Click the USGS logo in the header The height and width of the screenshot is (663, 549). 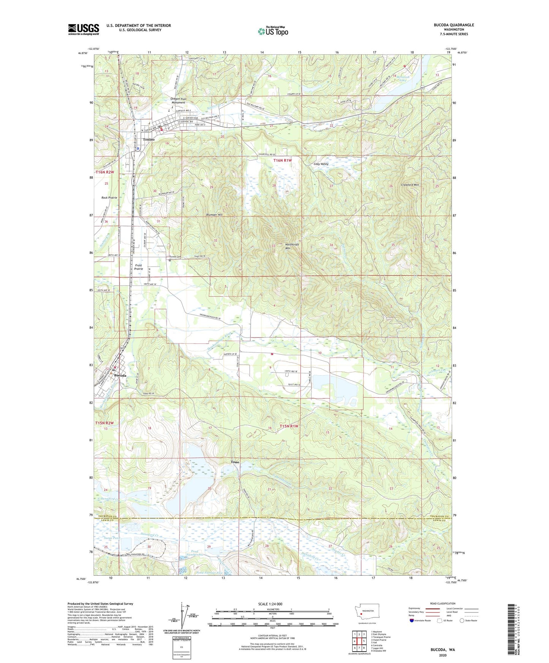point(83,29)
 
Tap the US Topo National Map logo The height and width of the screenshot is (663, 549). point(272,31)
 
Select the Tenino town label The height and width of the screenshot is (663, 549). point(148,140)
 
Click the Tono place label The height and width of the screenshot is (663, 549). point(235,462)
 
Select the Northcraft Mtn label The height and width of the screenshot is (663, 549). point(292,246)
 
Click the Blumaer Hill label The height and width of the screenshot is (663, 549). point(214,215)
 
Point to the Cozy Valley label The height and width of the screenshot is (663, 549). point(321,164)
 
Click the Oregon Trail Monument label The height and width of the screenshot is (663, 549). point(178,101)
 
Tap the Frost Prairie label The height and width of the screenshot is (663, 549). point(138,267)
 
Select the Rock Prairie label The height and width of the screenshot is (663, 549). point(109,198)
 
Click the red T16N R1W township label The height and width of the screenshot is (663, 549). point(283,161)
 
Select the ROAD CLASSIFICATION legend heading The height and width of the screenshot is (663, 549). point(442,603)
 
